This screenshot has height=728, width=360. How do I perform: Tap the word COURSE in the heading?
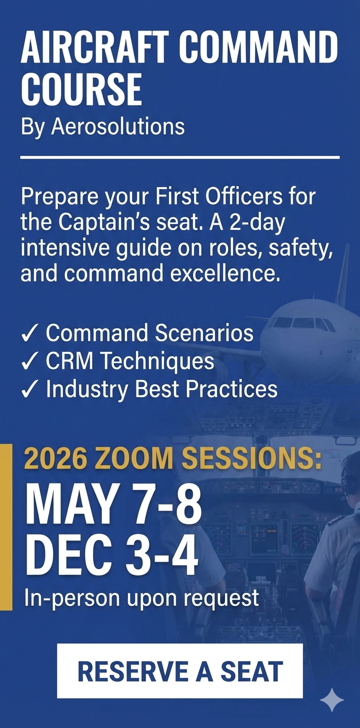click(x=81, y=89)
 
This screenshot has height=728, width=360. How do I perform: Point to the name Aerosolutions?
click(x=118, y=127)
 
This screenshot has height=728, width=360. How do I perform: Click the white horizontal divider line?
click(x=180, y=157)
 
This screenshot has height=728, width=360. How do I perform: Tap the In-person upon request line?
click(x=142, y=597)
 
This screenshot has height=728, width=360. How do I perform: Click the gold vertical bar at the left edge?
click(x=6, y=527)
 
